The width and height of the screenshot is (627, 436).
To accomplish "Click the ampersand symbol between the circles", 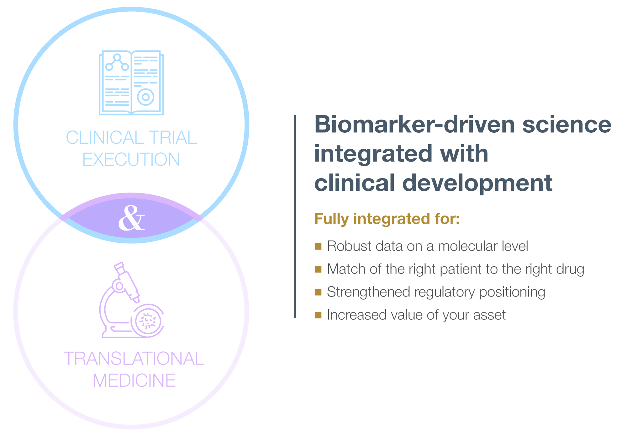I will point(131,218).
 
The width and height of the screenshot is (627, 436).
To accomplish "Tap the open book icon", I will point(131,83).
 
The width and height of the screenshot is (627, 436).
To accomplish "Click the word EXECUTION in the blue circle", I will point(131,159).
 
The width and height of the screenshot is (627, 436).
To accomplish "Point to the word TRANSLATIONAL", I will point(134,359).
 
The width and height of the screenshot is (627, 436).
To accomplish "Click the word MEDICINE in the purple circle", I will point(134,380).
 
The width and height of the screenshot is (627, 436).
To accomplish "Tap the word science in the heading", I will point(566,125).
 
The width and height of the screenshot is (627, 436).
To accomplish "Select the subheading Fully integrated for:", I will point(387,219).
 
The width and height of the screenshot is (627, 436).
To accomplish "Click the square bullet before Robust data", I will point(318,246).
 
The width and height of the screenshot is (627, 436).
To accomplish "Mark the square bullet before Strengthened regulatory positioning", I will point(318,292).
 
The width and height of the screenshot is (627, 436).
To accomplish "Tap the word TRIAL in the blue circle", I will point(172,138).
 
